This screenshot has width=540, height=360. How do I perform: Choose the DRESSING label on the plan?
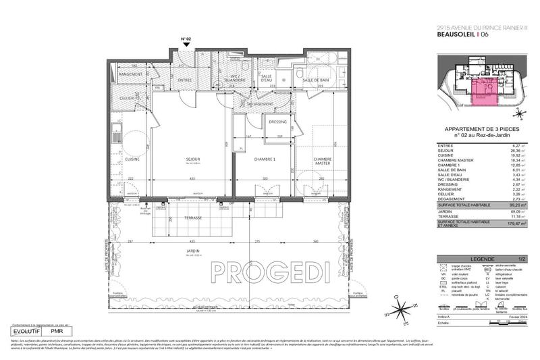click(277, 122)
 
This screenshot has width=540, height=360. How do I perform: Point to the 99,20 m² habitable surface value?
click(518, 203)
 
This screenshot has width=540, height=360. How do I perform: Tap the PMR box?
click(66, 332)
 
